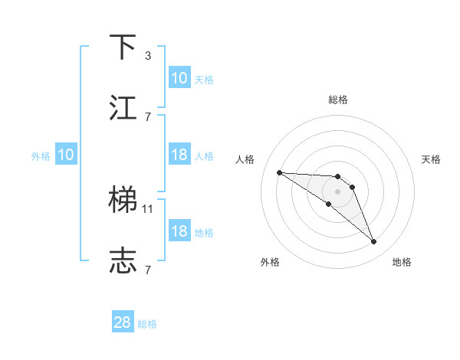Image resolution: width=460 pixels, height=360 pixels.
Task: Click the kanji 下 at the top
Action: (123, 47)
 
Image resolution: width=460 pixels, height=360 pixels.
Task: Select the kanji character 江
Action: (123, 107)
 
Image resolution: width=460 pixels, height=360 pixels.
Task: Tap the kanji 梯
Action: (123, 200)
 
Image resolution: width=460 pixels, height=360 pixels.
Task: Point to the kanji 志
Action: (123, 260)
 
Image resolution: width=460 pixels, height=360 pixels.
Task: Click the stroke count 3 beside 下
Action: (148, 56)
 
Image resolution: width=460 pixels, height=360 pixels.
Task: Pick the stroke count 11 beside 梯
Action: (149, 208)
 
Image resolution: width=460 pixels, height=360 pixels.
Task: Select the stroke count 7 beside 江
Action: (148, 116)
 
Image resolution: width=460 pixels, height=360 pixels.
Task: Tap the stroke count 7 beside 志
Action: (148, 270)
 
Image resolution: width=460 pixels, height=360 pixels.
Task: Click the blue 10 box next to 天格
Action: (179, 78)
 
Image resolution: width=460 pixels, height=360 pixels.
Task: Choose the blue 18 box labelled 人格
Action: (179, 155)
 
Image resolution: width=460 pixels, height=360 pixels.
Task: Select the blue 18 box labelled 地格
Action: (179, 231)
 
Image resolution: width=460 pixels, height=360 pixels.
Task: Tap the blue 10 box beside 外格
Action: (66, 155)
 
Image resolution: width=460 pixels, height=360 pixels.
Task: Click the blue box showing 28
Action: (123, 322)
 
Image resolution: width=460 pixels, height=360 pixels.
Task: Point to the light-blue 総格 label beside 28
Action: (147, 324)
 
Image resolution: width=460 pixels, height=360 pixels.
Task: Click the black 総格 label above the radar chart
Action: (338, 100)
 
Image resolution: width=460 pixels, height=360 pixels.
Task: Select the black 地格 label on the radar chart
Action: (402, 263)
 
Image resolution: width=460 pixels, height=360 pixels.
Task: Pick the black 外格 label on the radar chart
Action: (270, 263)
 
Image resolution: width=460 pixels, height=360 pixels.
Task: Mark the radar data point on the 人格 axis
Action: (279, 172)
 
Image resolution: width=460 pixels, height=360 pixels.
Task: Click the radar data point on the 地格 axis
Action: (374, 242)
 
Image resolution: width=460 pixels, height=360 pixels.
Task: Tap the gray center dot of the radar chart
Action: (337, 191)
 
